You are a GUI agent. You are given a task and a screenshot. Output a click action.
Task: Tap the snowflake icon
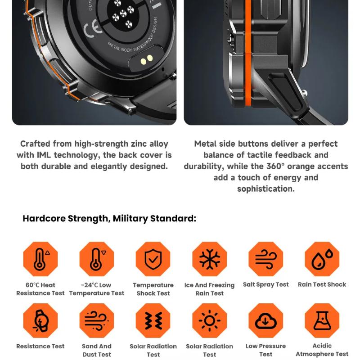tap(209, 259)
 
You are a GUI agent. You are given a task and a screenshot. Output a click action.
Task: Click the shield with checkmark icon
tap(153, 259)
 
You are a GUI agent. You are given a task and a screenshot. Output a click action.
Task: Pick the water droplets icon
tap(322, 259)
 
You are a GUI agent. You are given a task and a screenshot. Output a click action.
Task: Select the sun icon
tap(209, 320)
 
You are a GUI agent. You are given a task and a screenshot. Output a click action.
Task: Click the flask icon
tap(322, 320)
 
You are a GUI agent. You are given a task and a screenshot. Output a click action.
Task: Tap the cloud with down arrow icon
tap(265, 320)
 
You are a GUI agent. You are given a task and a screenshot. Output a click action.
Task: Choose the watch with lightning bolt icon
tap(40, 320)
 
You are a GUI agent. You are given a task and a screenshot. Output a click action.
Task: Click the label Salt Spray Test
tap(265, 284)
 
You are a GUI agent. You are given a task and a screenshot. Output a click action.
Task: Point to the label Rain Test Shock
tap(322, 284)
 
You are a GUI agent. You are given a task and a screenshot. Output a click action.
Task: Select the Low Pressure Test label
tap(265, 350)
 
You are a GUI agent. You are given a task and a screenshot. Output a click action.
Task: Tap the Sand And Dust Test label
tap(97, 350)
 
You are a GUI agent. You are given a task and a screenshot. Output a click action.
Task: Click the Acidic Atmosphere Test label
tap(322, 350)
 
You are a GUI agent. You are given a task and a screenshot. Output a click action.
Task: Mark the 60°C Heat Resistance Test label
tap(40, 289)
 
